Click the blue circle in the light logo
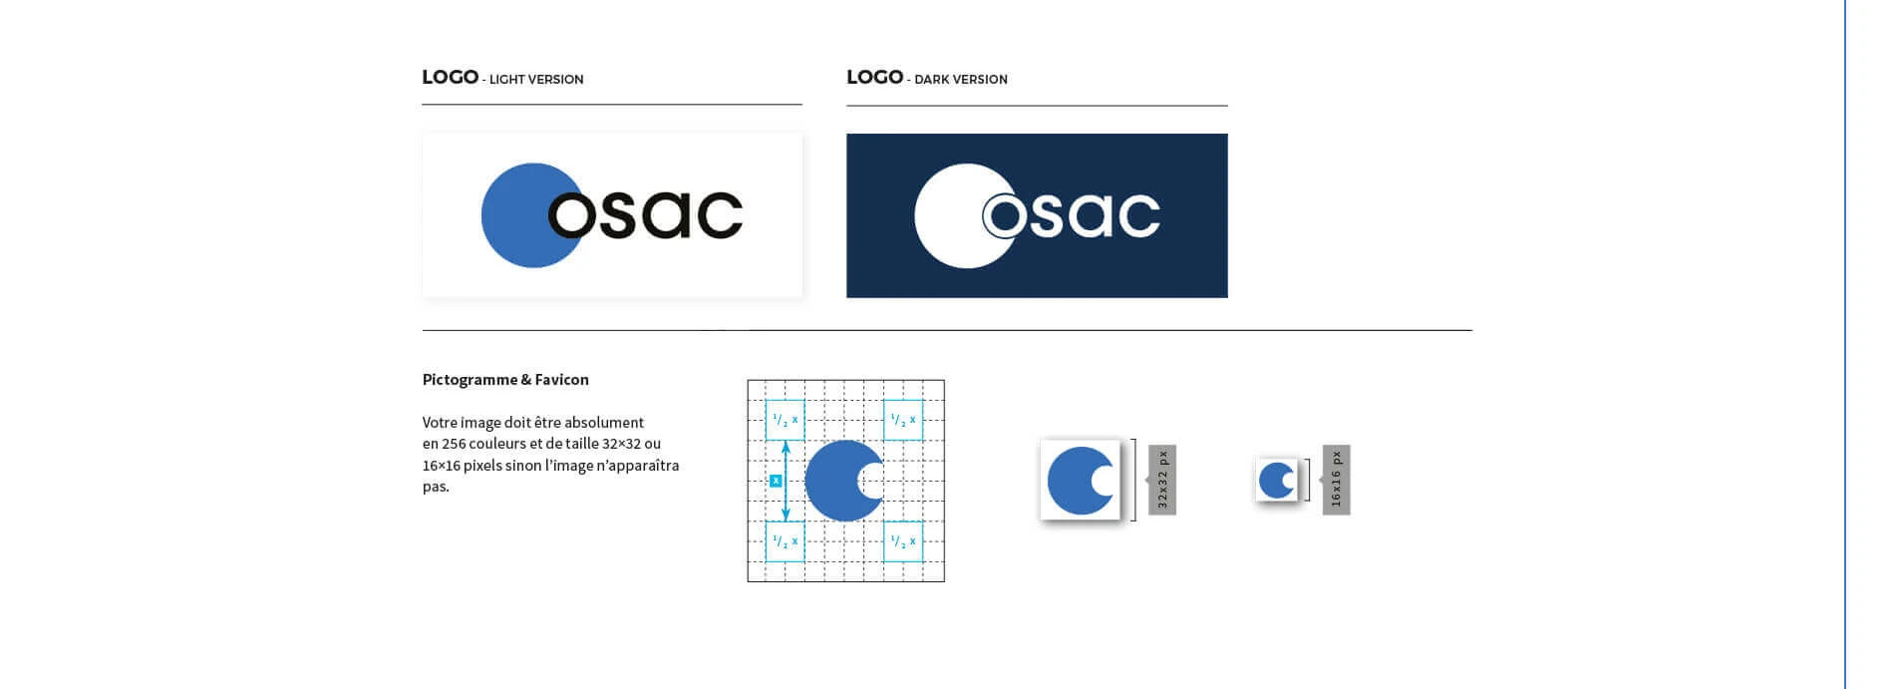(x=513, y=215)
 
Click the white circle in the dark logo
(x=947, y=215)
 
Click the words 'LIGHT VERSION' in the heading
(x=536, y=80)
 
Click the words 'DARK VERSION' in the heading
(x=961, y=80)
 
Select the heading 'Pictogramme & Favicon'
(x=505, y=380)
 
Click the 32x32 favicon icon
(x=1080, y=481)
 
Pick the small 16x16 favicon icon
(x=1277, y=481)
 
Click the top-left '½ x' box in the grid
(x=785, y=420)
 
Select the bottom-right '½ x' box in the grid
(x=903, y=541)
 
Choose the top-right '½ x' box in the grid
(x=903, y=420)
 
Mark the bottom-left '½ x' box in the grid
(x=785, y=541)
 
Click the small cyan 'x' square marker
(x=776, y=481)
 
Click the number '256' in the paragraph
(x=454, y=444)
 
